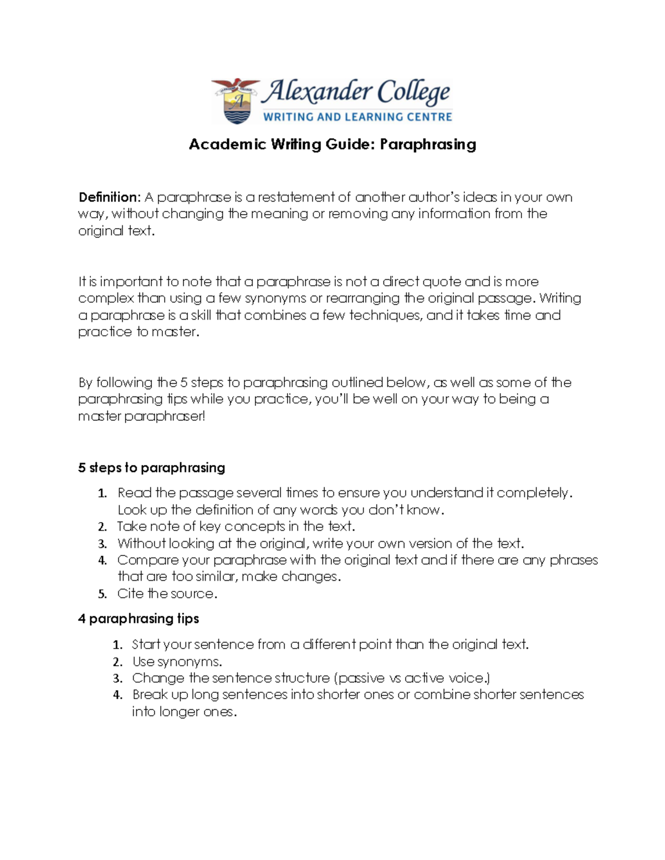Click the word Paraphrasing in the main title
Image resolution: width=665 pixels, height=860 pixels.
click(428, 145)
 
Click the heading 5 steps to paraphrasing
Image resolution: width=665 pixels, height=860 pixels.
click(151, 468)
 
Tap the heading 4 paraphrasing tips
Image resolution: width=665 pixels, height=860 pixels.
click(139, 619)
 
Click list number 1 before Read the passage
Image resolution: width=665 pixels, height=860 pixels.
click(102, 493)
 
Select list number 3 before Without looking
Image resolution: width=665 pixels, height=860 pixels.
click(102, 544)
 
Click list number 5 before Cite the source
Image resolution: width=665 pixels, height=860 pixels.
click(102, 594)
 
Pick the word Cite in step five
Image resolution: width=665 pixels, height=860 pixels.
click(130, 594)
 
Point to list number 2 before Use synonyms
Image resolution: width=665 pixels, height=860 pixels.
click(117, 662)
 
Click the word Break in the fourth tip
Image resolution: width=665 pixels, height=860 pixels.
click(149, 695)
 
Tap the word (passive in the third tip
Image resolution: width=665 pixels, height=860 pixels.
click(361, 678)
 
